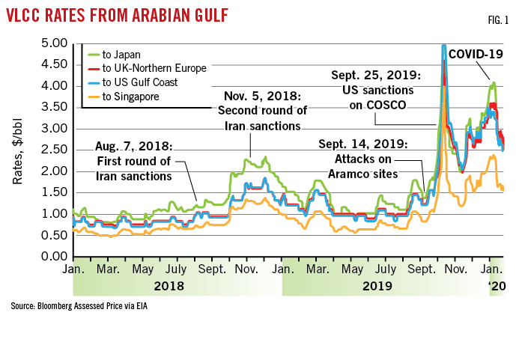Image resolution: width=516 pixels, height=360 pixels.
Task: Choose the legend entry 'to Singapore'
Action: (x=129, y=95)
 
